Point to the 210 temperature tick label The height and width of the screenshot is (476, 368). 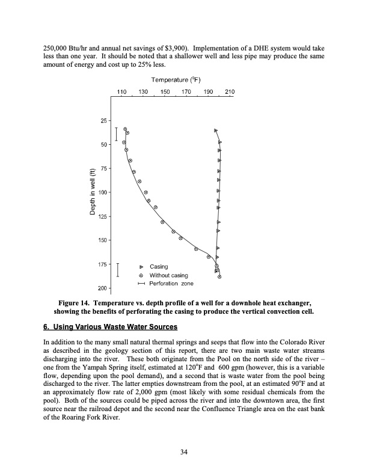point(230,92)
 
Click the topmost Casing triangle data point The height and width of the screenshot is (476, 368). point(215,130)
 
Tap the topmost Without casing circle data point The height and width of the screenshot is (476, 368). point(125,129)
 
